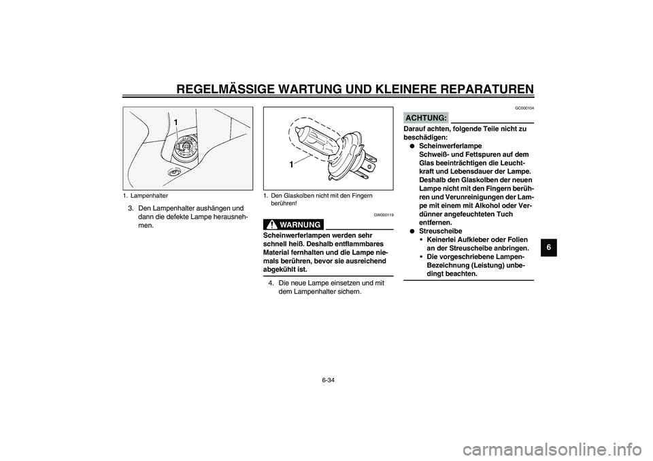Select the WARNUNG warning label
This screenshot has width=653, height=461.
tap(299, 224)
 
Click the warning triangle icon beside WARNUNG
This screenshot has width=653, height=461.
tap(270, 224)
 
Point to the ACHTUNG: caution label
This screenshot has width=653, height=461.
tap(426, 118)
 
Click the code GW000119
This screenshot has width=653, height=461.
tap(383, 214)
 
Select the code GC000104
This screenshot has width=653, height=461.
tap(524, 108)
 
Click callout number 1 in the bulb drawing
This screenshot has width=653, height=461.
tap(291, 165)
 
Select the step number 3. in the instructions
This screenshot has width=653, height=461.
tap(131, 208)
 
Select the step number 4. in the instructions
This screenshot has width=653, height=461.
tap(271, 283)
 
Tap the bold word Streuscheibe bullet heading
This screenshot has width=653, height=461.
tap(445, 231)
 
